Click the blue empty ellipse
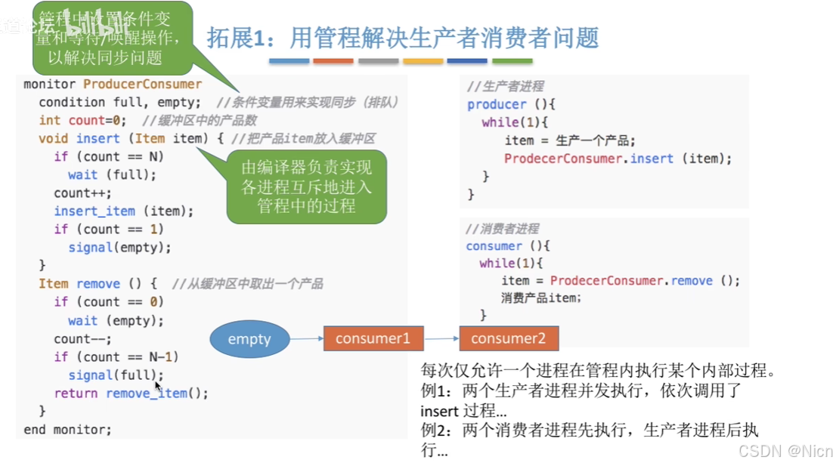tap(249, 339)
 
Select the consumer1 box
tap(373, 338)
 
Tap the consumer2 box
tap(509, 338)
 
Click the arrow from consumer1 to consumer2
tap(441, 338)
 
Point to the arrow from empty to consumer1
tap(307, 338)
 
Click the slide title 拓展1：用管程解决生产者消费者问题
tap(403, 38)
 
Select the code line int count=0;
tap(83, 120)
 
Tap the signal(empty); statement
tap(120, 247)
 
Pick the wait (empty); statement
tap(116, 320)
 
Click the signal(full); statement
tap(116, 375)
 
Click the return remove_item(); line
tap(131, 393)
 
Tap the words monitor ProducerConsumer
tap(113, 84)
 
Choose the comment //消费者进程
tap(503, 228)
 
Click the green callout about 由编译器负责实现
tap(307, 187)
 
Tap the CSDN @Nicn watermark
tap(785, 451)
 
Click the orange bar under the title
tap(333, 60)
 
